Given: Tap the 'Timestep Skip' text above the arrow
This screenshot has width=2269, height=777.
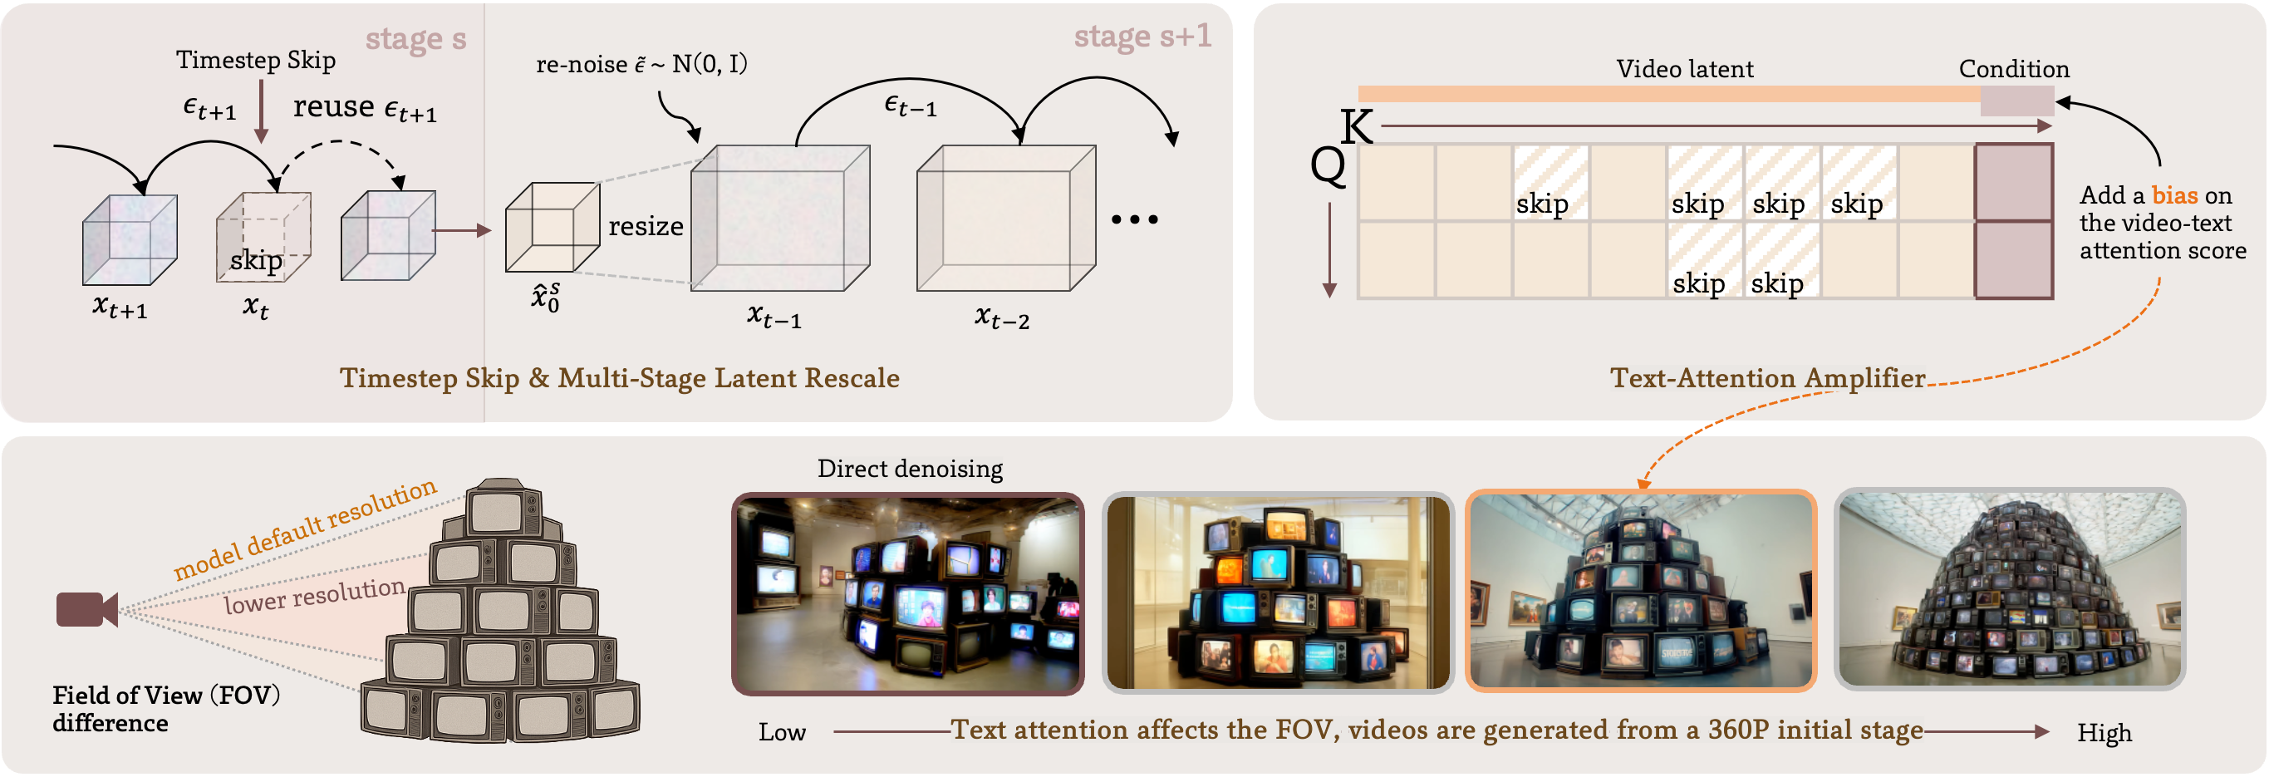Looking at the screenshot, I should (x=255, y=60).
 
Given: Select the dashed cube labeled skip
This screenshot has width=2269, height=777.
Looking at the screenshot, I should (x=263, y=236).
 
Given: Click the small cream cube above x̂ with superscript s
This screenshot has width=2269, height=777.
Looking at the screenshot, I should (x=552, y=228).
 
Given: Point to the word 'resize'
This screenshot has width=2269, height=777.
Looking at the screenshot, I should (x=646, y=226).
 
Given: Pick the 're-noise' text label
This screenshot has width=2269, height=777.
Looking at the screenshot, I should (x=582, y=64).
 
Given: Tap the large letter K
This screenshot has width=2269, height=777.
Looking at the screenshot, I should (x=1356, y=126).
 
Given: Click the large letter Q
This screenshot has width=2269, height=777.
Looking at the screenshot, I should (x=1328, y=164).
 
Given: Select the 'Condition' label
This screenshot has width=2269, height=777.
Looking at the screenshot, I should (x=2014, y=69).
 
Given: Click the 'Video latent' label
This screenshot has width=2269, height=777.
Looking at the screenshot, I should (x=1684, y=69).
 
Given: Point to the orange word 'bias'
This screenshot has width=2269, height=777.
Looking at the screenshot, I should (x=2174, y=194).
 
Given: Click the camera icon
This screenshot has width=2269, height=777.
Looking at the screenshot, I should (x=86, y=610).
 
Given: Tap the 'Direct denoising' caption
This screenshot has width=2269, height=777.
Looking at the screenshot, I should (x=909, y=469).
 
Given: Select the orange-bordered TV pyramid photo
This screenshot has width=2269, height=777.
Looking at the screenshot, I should (x=1640, y=590).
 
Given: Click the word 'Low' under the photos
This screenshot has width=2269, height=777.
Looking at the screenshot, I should (x=781, y=732).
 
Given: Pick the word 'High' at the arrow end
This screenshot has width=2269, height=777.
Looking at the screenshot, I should (x=2104, y=733).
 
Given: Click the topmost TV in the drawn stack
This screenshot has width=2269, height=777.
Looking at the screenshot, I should (x=503, y=510).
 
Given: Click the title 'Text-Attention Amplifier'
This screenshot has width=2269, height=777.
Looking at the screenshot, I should (x=1767, y=378).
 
